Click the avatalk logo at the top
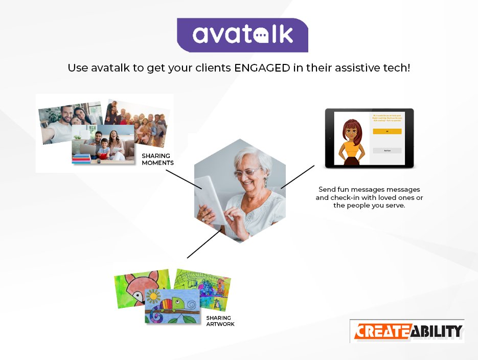coord(242,35)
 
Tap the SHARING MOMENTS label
coord(157,159)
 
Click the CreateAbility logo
coord(407,331)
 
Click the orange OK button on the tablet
coord(387,131)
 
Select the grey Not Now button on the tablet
coord(387,150)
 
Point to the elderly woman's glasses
coord(247,172)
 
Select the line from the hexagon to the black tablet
coord(297,176)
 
